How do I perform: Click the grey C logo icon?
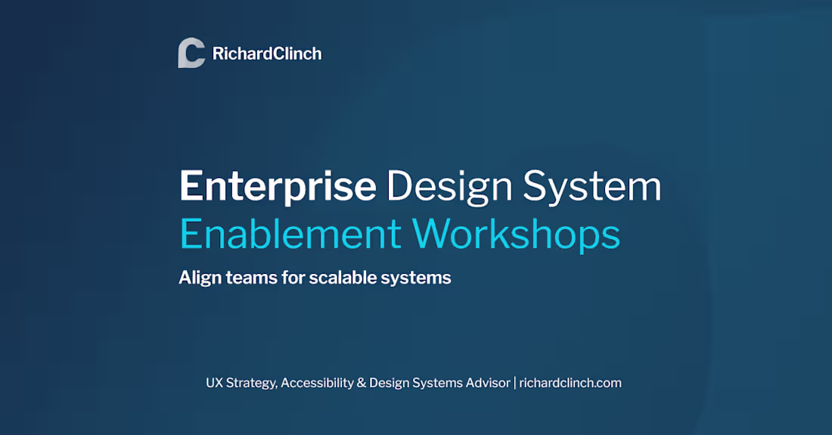(x=191, y=53)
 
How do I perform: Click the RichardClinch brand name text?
(x=267, y=54)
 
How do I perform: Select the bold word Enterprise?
(x=278, y=187)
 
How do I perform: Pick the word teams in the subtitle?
(x=252, y=278)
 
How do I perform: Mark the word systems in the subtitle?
(x=418, y=278)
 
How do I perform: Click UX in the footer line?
(x=214, y=383)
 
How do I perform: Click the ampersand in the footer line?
(x=362, y=383)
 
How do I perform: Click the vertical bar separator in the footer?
(x=515, y=383)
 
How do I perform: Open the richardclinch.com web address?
(x=570, y=383)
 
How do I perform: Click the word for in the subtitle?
(x=294, y=278)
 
